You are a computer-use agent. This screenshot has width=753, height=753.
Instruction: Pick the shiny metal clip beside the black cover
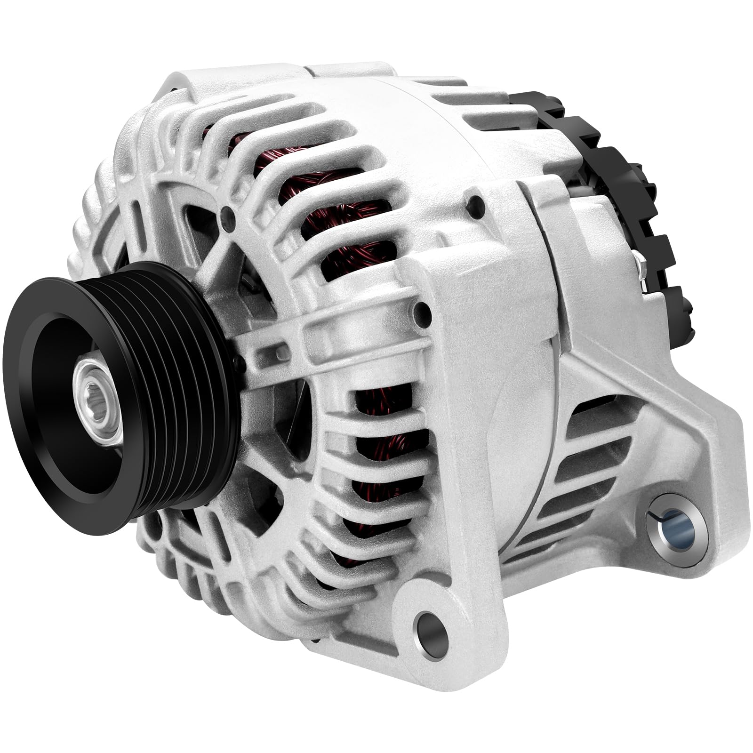click(x=641, y=273)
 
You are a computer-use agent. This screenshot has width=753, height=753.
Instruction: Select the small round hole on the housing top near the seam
click(x=470, y=203)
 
